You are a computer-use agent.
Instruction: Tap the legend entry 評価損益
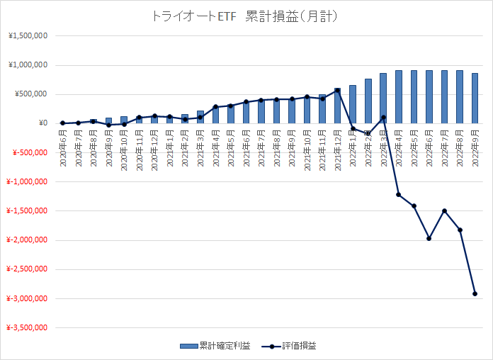tap(290, 347)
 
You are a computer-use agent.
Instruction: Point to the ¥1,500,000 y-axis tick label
tap(28, 36)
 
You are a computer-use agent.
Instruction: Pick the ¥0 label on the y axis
tap(42, 123)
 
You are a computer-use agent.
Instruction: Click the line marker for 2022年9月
tap(475, 293)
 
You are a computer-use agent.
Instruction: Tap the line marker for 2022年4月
tap(398, 194)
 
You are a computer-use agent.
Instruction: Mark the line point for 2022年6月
tap(429, 238)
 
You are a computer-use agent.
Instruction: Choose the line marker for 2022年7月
tap(445, 210)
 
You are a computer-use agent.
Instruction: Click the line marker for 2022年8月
tap(460, 230)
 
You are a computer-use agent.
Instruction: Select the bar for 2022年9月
tap(475, 98)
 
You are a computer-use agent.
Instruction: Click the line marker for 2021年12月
tap(337, 90)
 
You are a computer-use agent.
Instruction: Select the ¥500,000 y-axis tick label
tap(30, 94)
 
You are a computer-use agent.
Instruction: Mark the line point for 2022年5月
tap(414, 206)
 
